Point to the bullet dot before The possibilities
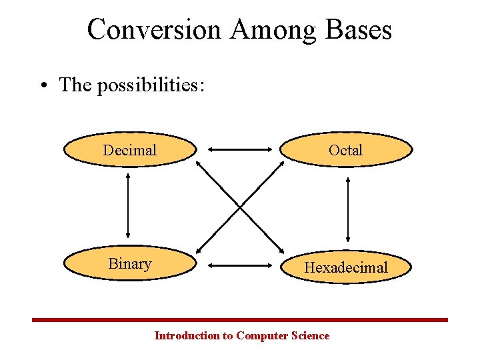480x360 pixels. pyautogui.click(x=44, y=85)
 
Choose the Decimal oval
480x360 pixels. pyautogui.click(x=130, y=150)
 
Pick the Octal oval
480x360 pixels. pyautogui.click(x=345, y=150)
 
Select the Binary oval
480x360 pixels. pyautogui.click(x=130, y=264)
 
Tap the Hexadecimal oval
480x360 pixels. pyautogui.click(x=345, y=267)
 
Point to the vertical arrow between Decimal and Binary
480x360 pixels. pyautogui.click(x=127, y=206)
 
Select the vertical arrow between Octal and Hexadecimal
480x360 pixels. pyautogui.click(x=347, y=209)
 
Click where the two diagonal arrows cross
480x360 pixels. pyautogui.click(x=240, y=206)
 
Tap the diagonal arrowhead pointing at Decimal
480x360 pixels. pyautogui.click(x=201, y=164)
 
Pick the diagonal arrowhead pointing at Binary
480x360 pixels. pyautogui.click(x=201, y=249)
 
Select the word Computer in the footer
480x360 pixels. pyautogui.click(x=263, y=335)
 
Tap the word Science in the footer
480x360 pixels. pyautogui.click(x=310, y=335)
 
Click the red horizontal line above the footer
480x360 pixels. pyautogui.click(x=240, y=320)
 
